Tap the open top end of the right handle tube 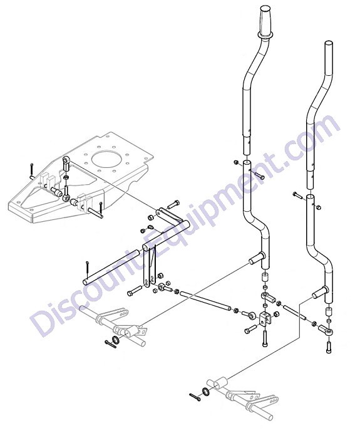pyautogui.click(x=329, y=44)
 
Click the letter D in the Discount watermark pyautogui.click(x=46, y=316)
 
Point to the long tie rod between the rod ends pyautogui.click(x=205, y=300)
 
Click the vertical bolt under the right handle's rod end pyautogui.click(x=329, y=347)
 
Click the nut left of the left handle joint pyautogui.click(x=235, y=162)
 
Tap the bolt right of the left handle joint pyautogui.click(x=260, y=176)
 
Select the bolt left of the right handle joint pyautogui.click(x=297, y=195)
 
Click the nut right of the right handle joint pyautogui.click(x=319, y=207)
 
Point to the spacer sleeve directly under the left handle pyautogui.click(x=265, y=278)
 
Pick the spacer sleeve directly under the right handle pyautogui.click(x=329, y=311)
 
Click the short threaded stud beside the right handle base pyautogui.click(x=296, y=313)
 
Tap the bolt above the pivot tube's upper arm pyautogui.click(x=173, y=204)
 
